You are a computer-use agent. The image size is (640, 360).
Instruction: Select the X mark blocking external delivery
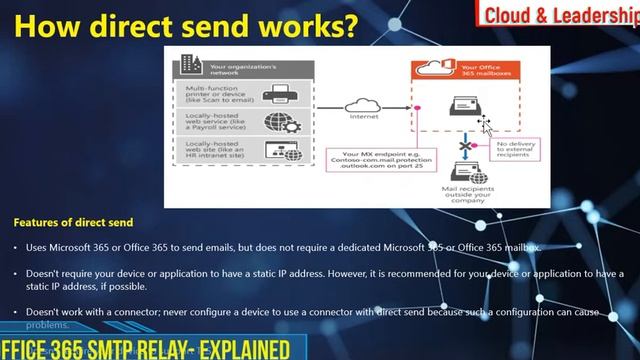point(465,147)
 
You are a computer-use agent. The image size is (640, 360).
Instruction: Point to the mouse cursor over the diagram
point(484,124)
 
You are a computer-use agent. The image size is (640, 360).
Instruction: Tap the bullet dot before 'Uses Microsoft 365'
point(16,246)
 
